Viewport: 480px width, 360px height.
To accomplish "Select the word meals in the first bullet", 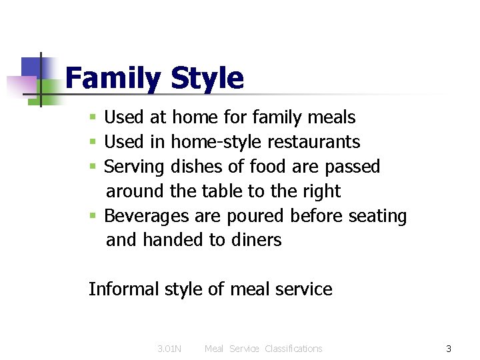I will click(331, 117).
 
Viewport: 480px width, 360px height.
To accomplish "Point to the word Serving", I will click(135, 167).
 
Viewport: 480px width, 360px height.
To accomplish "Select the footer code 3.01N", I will click(169, 349).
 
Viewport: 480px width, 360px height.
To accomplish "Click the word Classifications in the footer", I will click(293, 349).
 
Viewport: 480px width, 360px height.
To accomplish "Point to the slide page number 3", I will click(449, 349).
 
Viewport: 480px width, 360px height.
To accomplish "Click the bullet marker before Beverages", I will click(94, 217).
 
